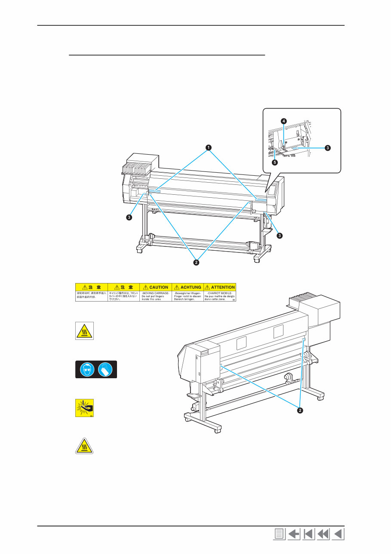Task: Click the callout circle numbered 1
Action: [209, 148]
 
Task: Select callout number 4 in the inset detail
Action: [283, 121]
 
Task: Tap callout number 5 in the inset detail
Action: [274, 163]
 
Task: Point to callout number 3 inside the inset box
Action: [327, 148]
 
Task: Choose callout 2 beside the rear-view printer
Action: [300, 410]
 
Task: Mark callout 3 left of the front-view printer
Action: [129, 218]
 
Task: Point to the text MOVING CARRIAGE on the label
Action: [155, 293]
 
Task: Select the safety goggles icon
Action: [86, 369]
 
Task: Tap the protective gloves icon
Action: [106, 369]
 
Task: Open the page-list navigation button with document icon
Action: [279, 535]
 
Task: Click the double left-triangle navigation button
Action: [323, 535]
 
